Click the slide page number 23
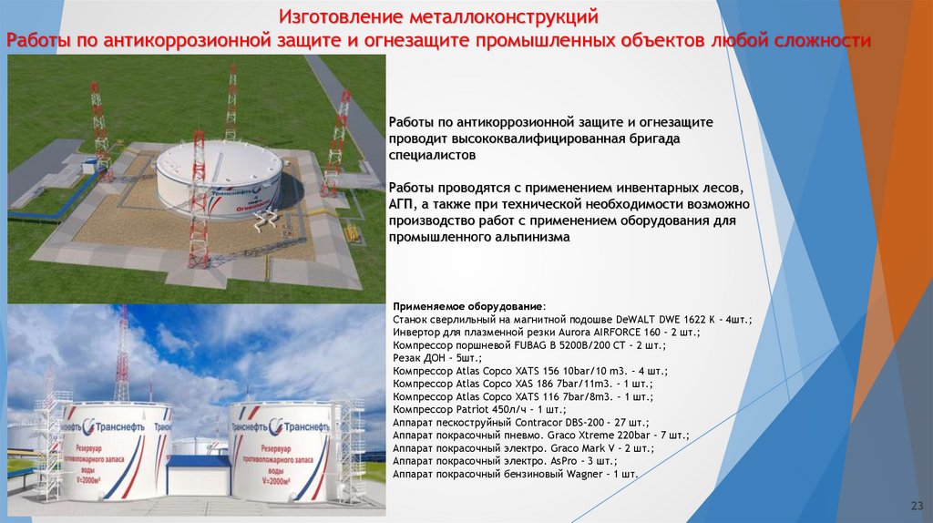pyautogui.click(x=917, y=506)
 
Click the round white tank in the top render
pyautogui.click(x=219, y=173)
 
